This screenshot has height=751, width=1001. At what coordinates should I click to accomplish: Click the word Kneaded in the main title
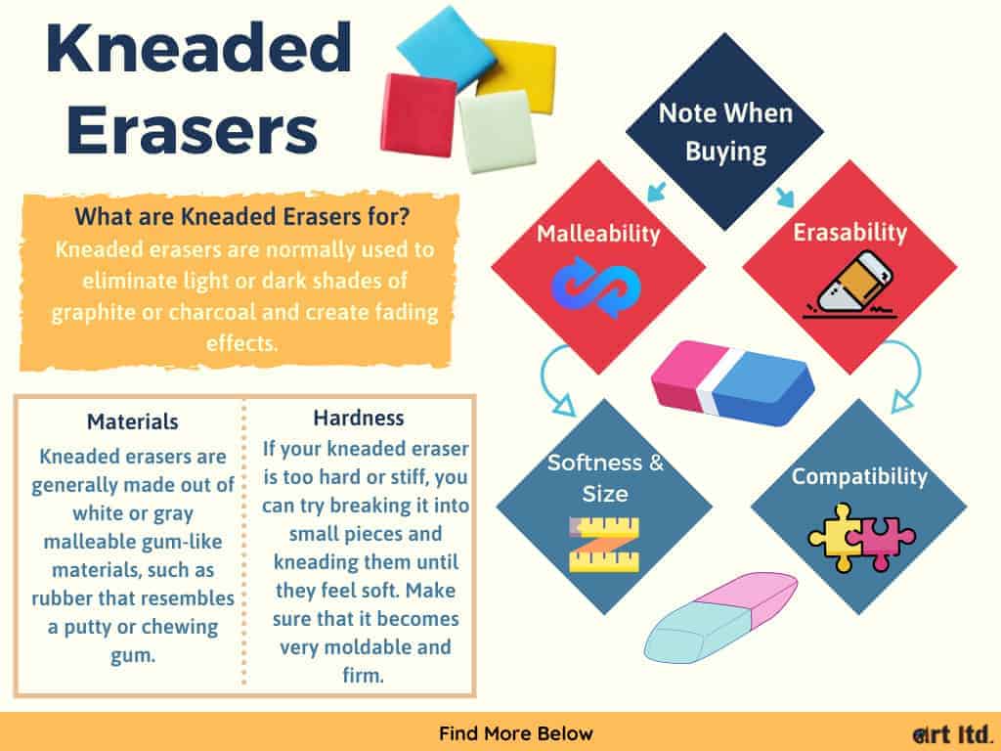(198, 49)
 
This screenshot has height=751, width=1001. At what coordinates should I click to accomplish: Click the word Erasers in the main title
(193, 129)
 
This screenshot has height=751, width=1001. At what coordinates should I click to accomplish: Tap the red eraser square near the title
(418, 114)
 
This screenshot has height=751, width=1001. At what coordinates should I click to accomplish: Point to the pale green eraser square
(497, 130)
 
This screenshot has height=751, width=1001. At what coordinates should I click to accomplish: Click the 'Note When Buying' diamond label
(725, 132)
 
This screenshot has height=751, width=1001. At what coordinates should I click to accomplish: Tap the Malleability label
(598, 233)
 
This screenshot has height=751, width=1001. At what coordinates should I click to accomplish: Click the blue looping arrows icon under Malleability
(595, 287)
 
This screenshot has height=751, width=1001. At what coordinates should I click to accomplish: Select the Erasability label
(849, 232)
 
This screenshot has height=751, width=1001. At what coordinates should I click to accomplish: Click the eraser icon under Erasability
(849, 285)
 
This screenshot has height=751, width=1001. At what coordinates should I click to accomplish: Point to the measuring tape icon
(604, 544)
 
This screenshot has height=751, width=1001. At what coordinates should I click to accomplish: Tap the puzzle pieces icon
(861, 537)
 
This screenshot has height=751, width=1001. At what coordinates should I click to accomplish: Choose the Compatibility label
(859, 476)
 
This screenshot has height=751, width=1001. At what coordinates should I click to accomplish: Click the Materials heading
(133, 421)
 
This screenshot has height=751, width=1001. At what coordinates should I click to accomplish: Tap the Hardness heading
(359, 418)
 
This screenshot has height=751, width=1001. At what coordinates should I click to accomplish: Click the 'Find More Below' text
(516, 733)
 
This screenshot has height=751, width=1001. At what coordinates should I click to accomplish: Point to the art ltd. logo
(952, 733)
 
